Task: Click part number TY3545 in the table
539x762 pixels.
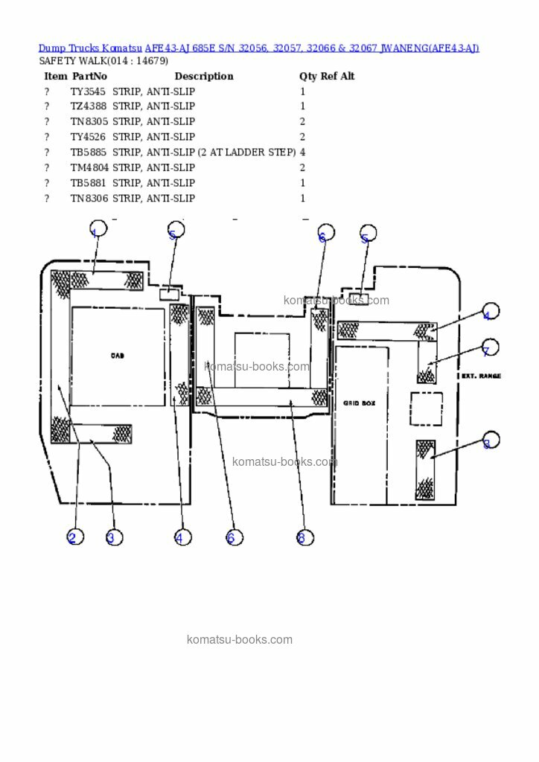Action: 88,92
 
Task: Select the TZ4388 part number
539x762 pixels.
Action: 88,106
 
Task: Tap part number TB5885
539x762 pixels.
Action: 88,153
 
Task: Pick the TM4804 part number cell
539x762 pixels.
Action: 89,168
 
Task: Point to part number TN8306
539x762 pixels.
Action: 88,199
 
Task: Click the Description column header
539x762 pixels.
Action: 203,76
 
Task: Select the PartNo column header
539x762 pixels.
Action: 89,76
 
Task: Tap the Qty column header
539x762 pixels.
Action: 307,76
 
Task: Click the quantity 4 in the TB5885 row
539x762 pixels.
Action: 302,153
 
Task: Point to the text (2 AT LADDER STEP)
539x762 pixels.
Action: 246,153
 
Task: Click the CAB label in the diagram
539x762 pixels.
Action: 117,356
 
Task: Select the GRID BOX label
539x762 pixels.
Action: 360,403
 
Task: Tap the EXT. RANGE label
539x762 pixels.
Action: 481,377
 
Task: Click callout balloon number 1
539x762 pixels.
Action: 98,229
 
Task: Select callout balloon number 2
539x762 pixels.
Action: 74,537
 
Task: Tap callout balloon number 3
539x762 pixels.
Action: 113,537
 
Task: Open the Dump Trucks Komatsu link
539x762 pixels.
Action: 90,48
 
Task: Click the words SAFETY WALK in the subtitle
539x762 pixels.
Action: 72,60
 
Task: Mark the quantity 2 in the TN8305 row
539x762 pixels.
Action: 302,122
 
